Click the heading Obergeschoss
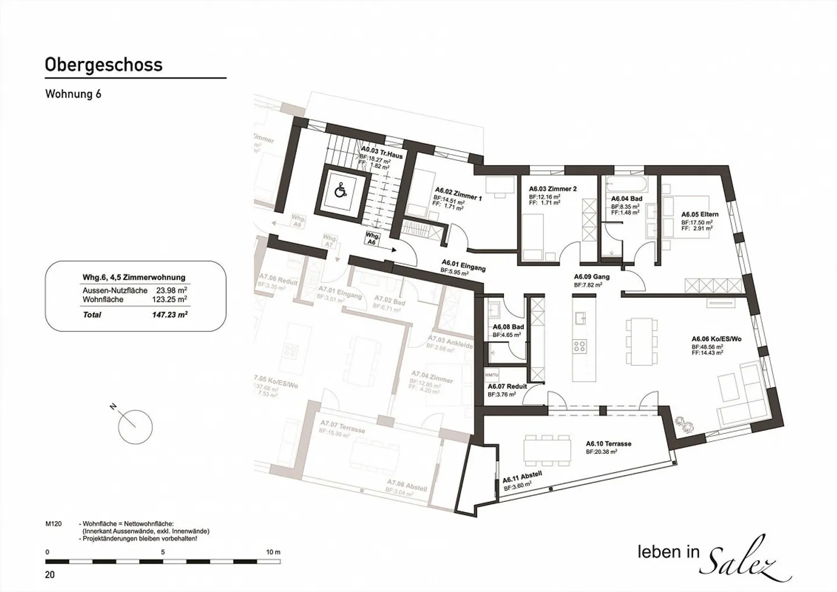point(103,65)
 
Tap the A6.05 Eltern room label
point(700,215)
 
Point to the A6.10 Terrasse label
point(608,444)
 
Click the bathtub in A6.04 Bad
point(625,186)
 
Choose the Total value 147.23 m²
point(169,315)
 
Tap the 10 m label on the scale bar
point(273,552)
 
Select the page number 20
point(50,575)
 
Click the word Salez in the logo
point(749,563)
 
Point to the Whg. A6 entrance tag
point(373,239)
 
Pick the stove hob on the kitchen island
point(580,347)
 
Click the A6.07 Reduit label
point(507,386)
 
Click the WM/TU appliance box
point(492,375)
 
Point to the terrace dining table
point(546,449)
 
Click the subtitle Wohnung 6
point(73,94)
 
